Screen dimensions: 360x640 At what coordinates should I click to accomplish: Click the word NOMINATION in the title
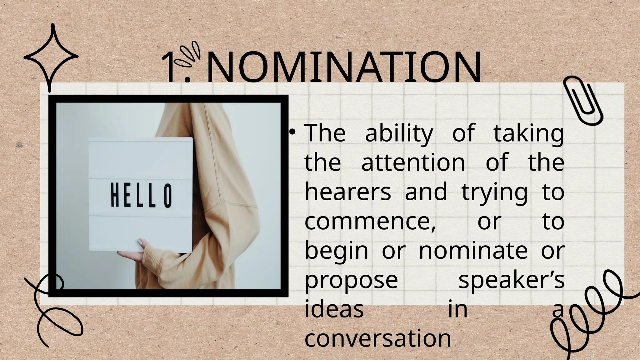click(344, 68)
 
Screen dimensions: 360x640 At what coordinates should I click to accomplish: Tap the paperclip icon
click(583, 101)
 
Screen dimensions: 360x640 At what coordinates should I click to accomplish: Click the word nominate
click(473, 251)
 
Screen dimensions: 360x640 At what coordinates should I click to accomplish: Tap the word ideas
click(334, 310)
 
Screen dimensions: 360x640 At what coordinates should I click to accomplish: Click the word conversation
click(378, 339)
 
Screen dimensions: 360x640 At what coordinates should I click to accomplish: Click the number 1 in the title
click(171, 68)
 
